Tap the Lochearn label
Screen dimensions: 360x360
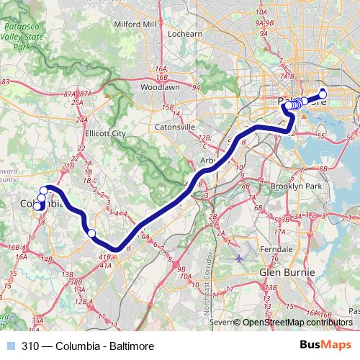click(184, 34)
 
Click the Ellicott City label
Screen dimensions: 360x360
click(105, 134)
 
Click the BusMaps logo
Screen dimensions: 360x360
click(329, 346)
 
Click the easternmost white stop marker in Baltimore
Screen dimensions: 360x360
click(323, 93)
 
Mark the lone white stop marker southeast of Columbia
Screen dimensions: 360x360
click(91, 233)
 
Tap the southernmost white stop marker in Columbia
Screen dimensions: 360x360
click(37, 207)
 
